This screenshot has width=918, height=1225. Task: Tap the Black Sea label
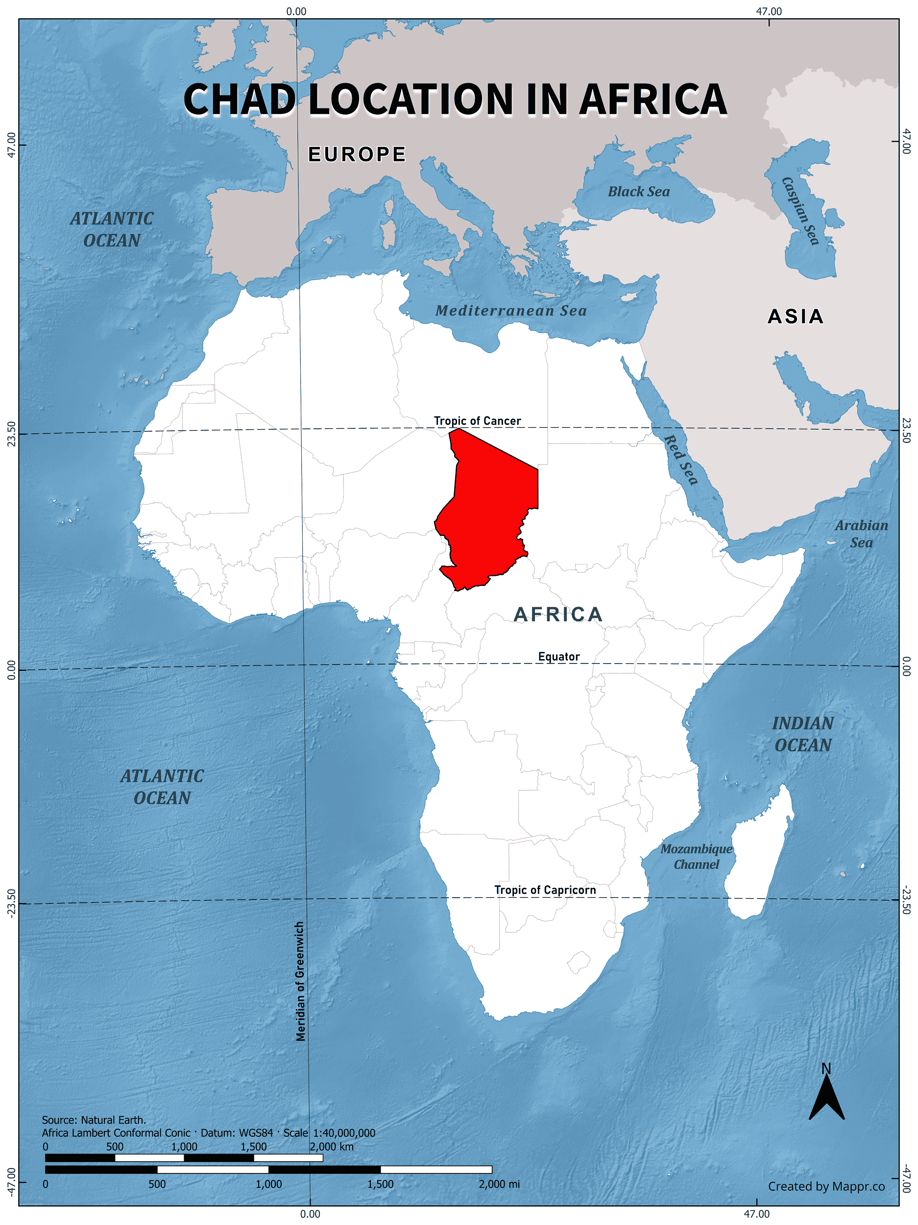[638, 192]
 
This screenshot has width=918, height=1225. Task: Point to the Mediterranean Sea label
[510, 311]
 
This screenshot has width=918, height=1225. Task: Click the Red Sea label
[680, 460]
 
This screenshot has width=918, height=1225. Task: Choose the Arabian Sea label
[861, 534]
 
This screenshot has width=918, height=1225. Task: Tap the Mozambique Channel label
[696, 856]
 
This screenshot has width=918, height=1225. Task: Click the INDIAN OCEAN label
[803, 734]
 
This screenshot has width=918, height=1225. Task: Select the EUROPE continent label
[357, 154]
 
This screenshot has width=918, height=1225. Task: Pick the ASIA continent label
[795, 316]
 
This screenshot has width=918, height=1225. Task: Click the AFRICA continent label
[557, 614]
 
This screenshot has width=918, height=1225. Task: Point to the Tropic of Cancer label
[477, 421]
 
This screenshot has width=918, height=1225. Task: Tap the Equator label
[558, 656]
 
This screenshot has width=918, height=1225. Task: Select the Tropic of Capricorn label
[545, 889]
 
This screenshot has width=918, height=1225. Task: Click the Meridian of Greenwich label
[300, 981]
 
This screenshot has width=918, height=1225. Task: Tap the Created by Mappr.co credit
[825, 1186]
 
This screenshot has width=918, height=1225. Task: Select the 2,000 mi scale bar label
[499, 1184]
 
